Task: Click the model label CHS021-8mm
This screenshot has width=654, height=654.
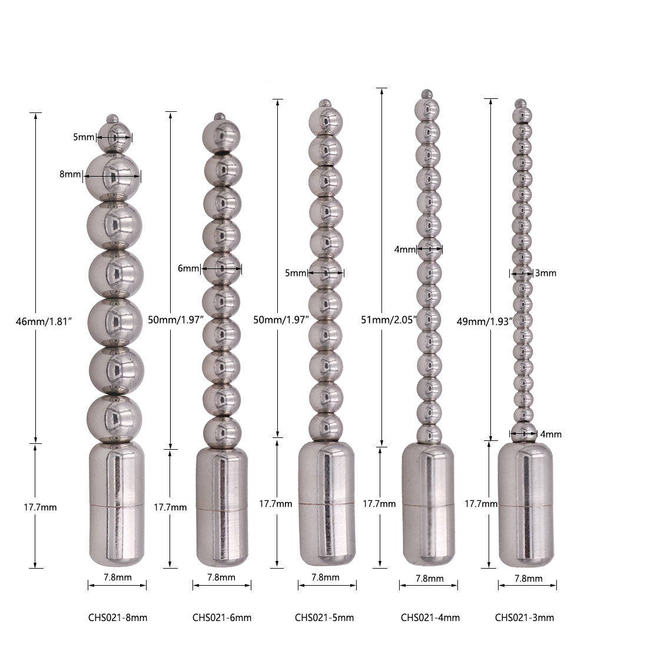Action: [118, 618]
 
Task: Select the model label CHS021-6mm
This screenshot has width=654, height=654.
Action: [222, 618]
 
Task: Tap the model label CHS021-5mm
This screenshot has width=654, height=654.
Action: [324, 618]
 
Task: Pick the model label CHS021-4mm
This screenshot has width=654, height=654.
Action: [430, 618]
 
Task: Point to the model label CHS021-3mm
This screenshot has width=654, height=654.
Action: [524, 618]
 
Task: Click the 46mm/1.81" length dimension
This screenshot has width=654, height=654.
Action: [44, 321]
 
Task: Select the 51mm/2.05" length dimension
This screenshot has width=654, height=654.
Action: [389, 320]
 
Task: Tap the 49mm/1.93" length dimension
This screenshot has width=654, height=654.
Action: [484, 321]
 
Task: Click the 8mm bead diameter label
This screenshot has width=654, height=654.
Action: [69, 174]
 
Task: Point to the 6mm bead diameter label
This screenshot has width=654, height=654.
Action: [188, 268]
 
